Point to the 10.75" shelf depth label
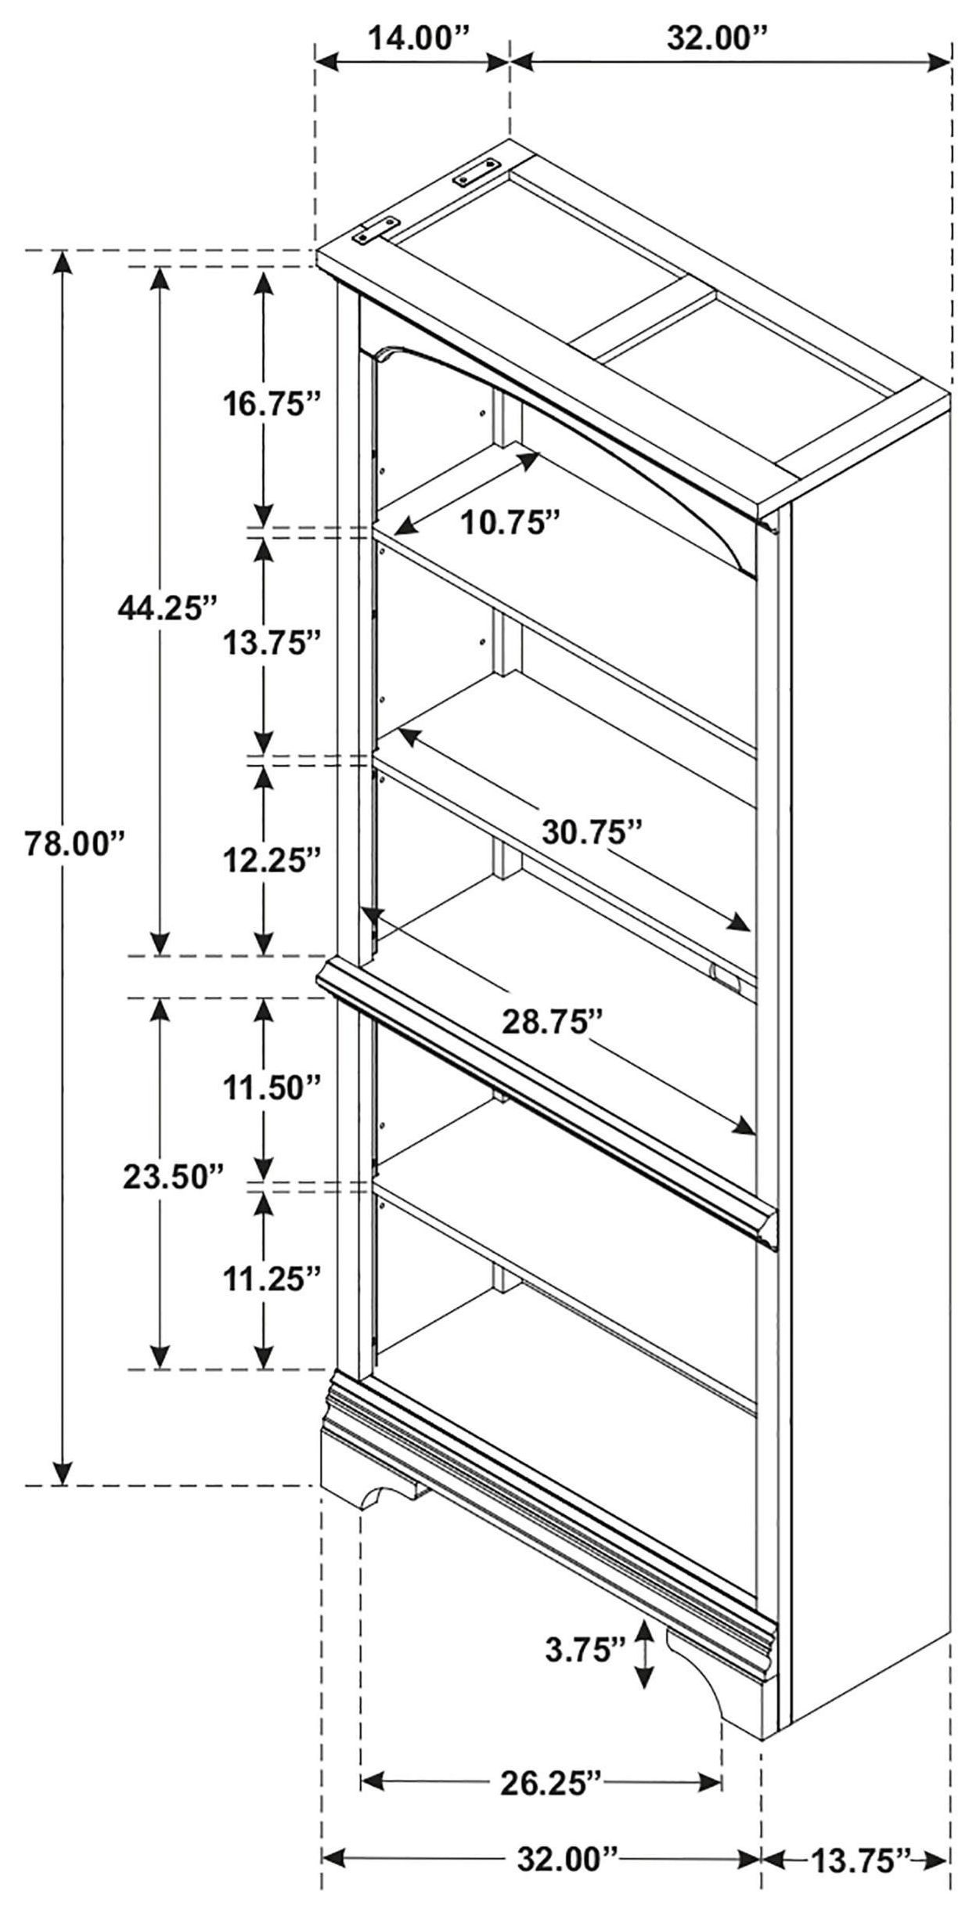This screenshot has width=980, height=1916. point(510,521)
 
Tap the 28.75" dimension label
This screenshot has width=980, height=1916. point(553,1022)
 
